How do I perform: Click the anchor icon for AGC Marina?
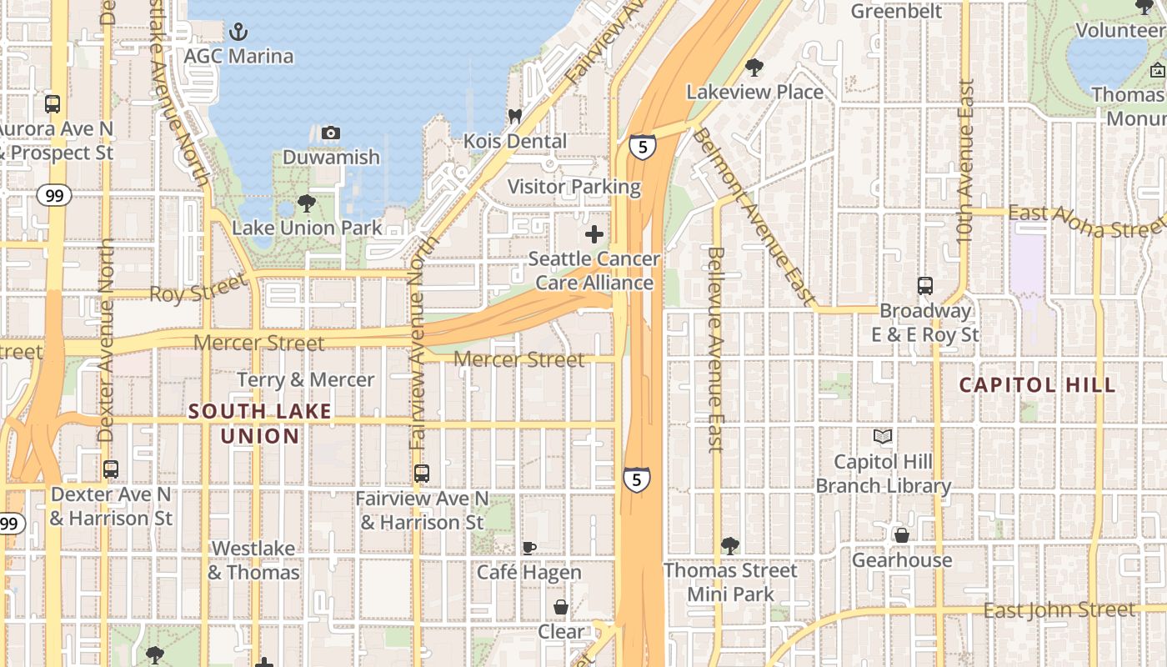pos(238,33)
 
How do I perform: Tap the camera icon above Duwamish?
pos(331,133)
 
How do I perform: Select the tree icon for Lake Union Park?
pos(307,203)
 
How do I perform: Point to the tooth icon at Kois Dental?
pos(514,117)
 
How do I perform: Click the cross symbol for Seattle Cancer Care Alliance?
pos(594,235)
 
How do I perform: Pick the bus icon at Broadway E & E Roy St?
pos(925,286)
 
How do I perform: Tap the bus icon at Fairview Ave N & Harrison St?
pos(422,474)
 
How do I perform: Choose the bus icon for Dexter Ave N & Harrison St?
pos(111,469)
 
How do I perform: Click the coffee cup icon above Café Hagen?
pos(528,548)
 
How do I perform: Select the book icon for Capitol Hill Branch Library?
pos(882,436)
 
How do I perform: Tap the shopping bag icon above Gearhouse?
pos(901,535)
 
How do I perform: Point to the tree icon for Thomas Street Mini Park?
pos(730,546)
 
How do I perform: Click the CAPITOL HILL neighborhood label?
pos(1037,385)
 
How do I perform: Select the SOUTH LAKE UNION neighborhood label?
pos(260,424)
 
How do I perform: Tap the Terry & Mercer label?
pos(306,380)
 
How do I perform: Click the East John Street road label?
pos(1059,610)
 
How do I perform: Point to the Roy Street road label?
pos(198,292)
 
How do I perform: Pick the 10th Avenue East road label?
pos(965,161)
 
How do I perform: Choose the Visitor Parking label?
pos(574,187)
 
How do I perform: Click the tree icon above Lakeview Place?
pos(754,67)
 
